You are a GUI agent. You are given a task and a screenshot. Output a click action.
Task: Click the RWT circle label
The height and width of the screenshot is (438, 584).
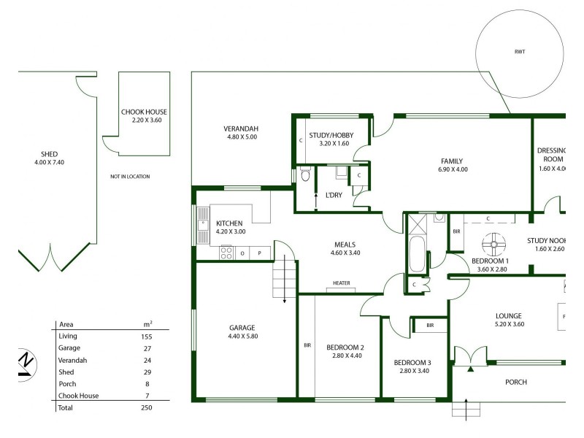click(518, 52)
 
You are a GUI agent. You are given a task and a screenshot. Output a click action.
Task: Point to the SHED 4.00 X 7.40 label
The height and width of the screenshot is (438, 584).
click(50, 158)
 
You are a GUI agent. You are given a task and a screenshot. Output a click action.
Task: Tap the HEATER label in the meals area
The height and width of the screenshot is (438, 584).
click(341, 283)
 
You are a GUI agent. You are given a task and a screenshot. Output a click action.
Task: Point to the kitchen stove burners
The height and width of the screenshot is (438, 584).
click(226, 253)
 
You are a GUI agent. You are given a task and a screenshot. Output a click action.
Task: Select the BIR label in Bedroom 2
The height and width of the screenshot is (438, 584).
click(307, 345)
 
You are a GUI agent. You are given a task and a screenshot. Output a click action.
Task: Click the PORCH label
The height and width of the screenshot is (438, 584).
click(515, 382)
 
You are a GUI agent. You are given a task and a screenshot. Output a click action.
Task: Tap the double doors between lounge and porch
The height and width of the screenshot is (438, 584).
click(468, 357)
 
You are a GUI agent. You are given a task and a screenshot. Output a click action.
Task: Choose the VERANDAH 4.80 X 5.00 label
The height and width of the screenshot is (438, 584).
click(242, 133)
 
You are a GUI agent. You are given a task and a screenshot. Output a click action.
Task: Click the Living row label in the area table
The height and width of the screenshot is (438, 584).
click(68, 337)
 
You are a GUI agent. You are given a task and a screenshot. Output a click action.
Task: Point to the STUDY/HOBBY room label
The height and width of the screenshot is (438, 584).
click(329, 139)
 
